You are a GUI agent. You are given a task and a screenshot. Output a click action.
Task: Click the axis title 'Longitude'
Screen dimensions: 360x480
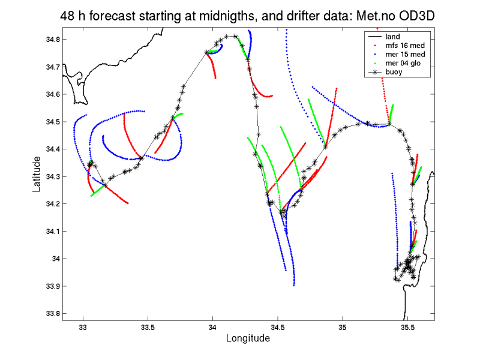click(248, 338)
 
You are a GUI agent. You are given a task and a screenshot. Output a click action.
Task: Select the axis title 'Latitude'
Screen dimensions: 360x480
click(37, 174)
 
